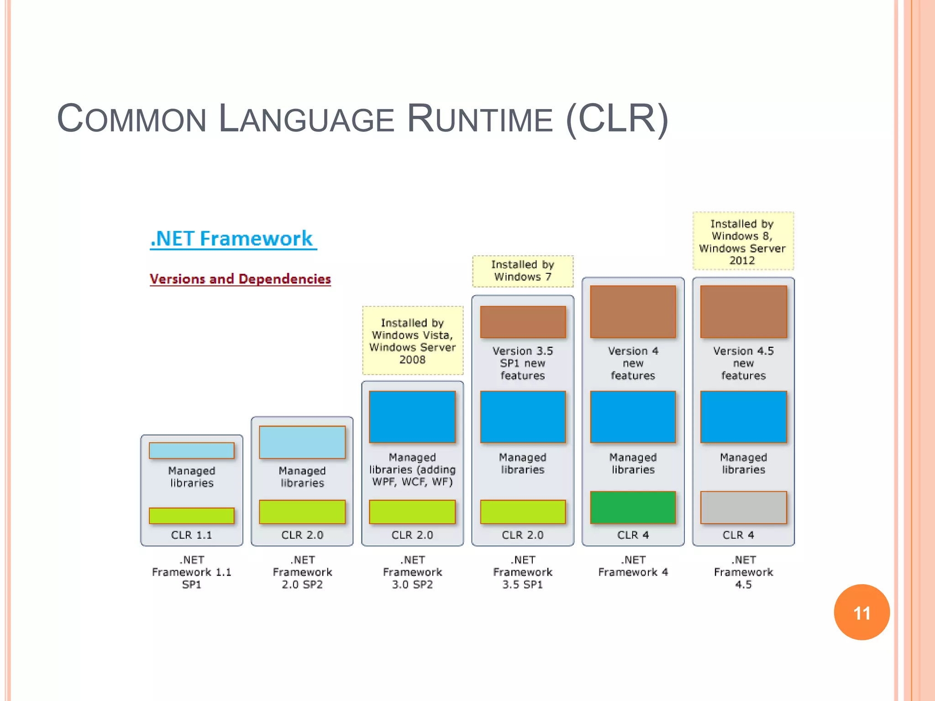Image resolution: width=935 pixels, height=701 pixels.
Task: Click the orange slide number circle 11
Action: click(861, 612)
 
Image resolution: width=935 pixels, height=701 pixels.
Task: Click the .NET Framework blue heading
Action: click(233, 239)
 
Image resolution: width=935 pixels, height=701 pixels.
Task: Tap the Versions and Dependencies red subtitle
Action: click(240, 279)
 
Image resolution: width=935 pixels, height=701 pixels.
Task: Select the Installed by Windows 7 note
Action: click(523, 271)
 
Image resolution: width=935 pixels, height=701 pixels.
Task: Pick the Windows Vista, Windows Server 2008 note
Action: click(412, 340)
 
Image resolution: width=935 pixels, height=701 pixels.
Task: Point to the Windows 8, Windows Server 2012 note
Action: click(743, 241)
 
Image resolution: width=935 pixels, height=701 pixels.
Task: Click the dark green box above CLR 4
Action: click(633, 507)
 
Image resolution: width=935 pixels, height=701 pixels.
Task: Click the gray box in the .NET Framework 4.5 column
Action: click(743, 507)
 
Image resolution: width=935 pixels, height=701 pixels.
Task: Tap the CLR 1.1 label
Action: click(191, 535)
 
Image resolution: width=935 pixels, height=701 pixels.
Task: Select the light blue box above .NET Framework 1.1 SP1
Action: click(191, 450)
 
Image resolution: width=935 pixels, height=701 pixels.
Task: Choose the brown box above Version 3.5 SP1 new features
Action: click(523, 322)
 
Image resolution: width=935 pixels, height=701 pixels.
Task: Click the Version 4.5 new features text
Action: click(743, 363)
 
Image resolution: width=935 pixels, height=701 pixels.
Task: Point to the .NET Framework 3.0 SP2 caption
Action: click(412, 572)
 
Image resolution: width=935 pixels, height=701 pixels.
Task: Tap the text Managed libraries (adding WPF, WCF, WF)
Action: click(412, 470)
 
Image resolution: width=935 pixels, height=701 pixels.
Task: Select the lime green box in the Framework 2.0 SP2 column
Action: click(302, 512)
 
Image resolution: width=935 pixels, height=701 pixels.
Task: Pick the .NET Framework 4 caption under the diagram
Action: click(633, 566)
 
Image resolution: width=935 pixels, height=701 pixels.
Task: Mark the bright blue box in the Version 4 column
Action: click(633, 417)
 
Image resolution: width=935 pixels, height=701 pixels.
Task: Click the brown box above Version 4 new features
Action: click(633, 312)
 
